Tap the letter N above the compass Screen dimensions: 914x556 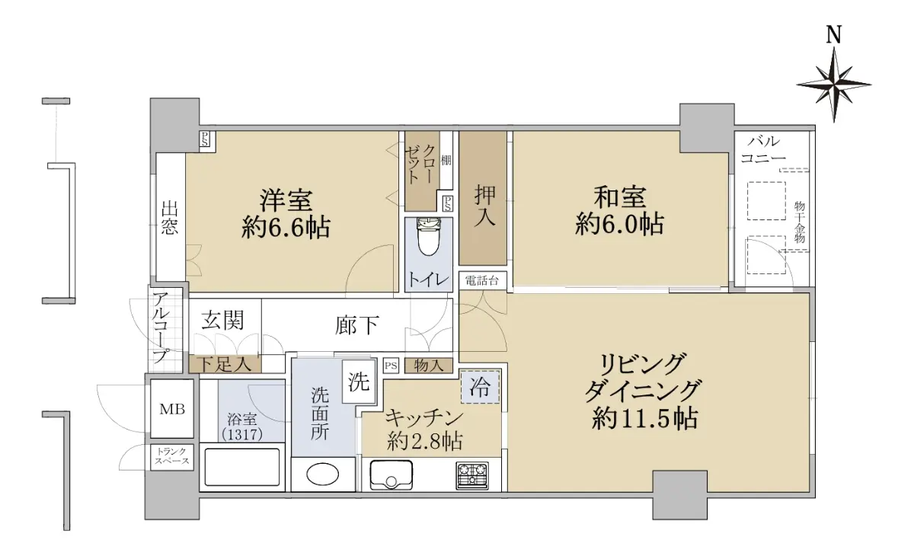(834, 35)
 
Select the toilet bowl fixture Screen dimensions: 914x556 (428, 237)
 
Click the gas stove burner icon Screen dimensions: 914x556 (472, 475)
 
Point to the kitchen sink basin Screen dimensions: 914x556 (391, 475)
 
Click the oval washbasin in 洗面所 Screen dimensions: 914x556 (322, 475)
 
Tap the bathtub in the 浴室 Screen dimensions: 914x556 (242, 467)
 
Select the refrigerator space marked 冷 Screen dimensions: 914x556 (480, 387)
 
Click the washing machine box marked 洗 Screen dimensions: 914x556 (359, 382)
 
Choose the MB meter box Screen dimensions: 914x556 (172, 409)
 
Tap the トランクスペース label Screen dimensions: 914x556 (172, 456)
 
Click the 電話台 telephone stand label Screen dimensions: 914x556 (482, 280)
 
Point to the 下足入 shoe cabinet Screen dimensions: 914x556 (225, 364)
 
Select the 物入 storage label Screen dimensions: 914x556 (428, 366)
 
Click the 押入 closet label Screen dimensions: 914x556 (484, 206)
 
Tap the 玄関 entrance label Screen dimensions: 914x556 (222, 320)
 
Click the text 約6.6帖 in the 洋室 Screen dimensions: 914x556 (286, 227)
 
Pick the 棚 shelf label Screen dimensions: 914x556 (446, 160)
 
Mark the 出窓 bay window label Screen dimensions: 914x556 (169, 218)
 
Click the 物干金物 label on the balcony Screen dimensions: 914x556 (799, 222)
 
